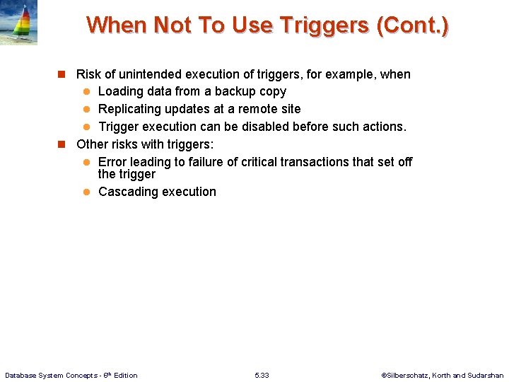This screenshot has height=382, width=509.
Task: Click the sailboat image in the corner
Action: (18, 23)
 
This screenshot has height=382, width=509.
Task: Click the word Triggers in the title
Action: (324, 25)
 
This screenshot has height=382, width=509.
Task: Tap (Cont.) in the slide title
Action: (412, 25)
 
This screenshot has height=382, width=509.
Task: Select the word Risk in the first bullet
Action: (88, 74)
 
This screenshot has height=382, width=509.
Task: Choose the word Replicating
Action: (129, 109)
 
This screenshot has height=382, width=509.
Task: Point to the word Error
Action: (113, 162)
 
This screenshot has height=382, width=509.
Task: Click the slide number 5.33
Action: (262, 375)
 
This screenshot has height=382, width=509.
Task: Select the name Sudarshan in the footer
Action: (486, 375)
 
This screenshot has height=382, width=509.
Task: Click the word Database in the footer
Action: (22, 375)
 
